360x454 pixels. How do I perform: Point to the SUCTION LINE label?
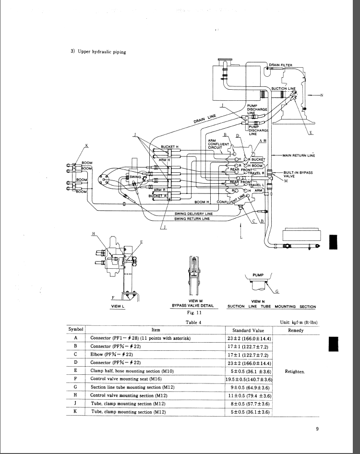click(x=284, y=88)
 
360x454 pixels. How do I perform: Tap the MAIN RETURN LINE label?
click(x=299, y=155)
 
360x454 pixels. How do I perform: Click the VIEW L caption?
click(x=118, y=306)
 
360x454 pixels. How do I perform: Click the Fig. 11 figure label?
click(x=193, y=312)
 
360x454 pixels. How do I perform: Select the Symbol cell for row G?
click(x=76, y=387)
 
